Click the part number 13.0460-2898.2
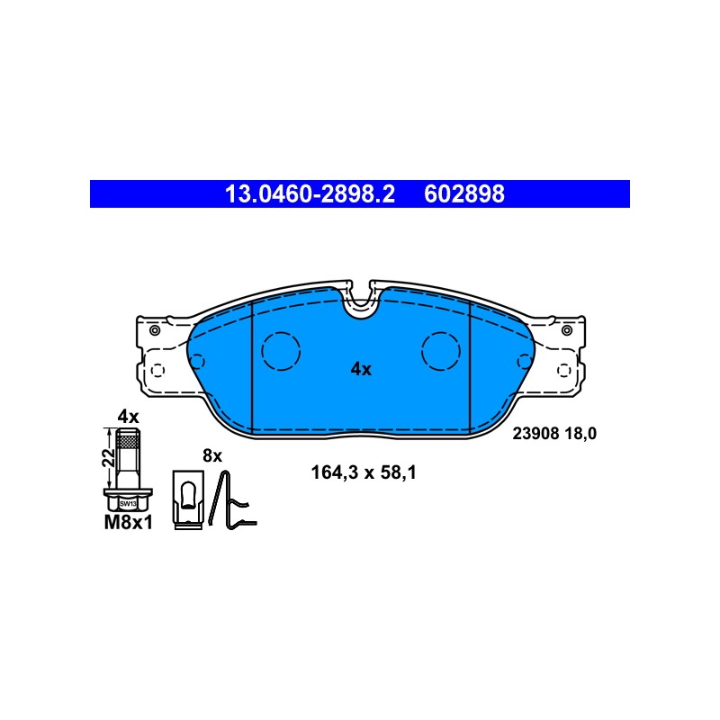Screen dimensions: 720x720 pos(310,194)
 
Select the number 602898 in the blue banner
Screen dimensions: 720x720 pos(464,194)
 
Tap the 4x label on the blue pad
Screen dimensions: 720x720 pos(361,369)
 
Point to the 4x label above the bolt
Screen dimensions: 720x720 pos(128,417)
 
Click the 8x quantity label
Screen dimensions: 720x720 pos(212,456)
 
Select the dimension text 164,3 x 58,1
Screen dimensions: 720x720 pos(364,472)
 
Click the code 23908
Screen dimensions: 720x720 pos(535,434)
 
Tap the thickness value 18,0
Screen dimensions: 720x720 pos(580,434)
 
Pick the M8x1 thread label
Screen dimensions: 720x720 pos(128,523)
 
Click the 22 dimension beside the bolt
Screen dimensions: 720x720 pos(109,458)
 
